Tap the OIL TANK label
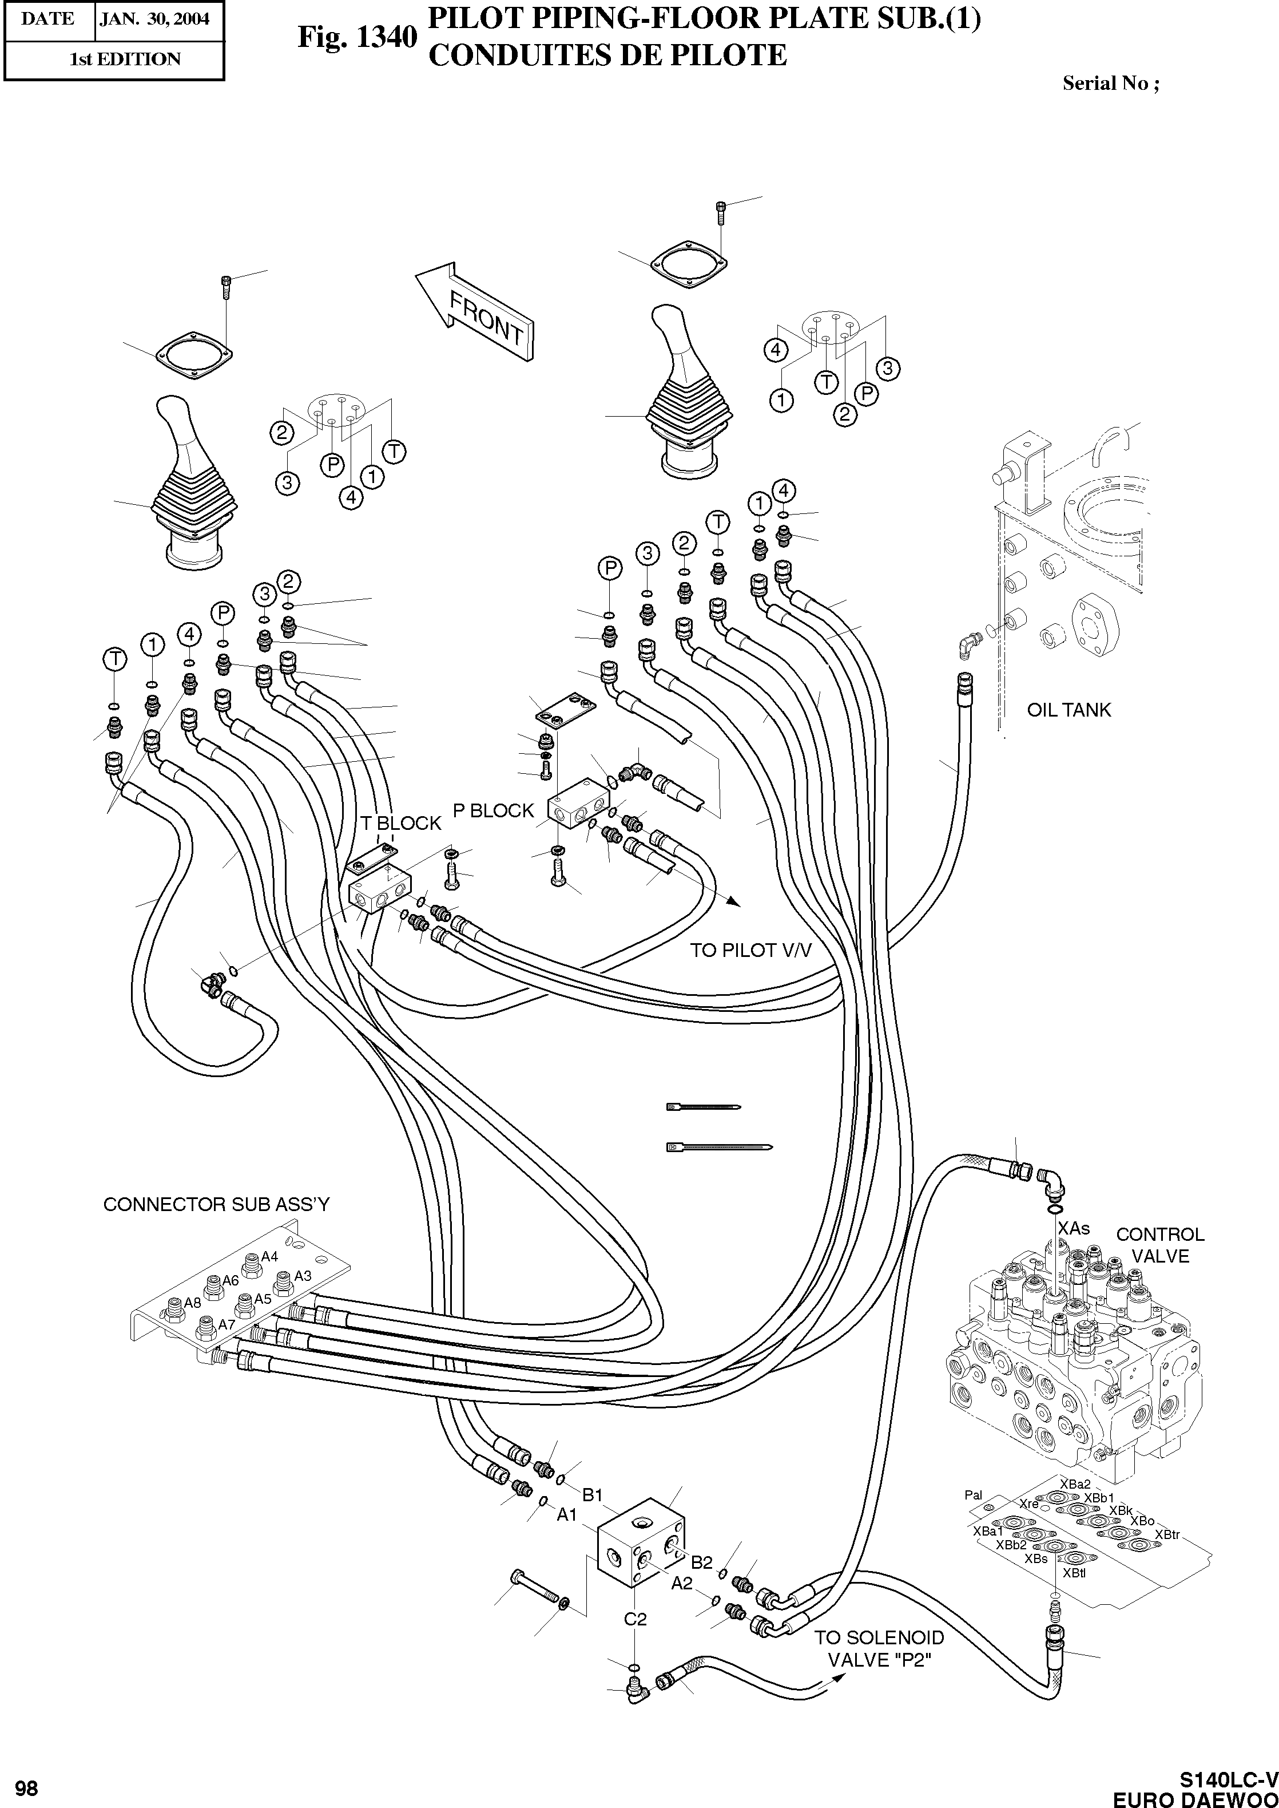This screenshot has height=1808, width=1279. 1069,710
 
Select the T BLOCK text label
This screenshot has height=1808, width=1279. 401,823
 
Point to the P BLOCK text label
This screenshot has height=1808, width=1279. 493,810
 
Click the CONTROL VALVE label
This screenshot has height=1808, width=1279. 1160,1245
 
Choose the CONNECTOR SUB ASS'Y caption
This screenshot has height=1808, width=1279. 217,1205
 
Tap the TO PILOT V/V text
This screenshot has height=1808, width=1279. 750,951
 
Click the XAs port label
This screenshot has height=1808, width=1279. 1074,1228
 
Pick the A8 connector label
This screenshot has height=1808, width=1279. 193,1303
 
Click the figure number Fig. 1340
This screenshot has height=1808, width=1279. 356,37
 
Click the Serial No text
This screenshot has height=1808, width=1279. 1110,83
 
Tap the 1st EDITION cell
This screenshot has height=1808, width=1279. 125,59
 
